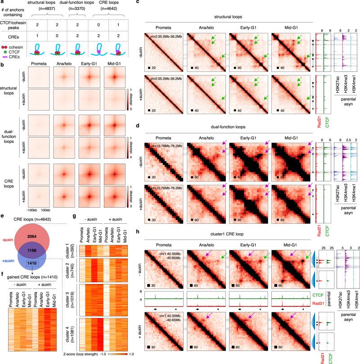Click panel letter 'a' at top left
3,3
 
